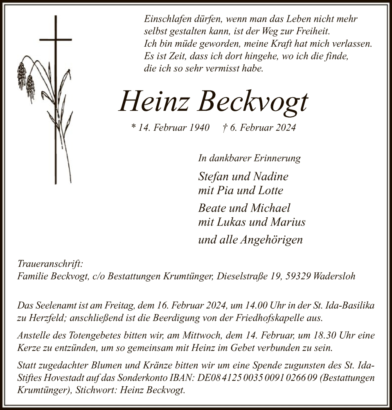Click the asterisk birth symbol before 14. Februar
pos(133,128)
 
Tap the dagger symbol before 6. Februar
pos(225,128)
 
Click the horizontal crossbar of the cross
pos(55,40)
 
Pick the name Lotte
pos(270,190)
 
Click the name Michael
pos(270,208)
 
